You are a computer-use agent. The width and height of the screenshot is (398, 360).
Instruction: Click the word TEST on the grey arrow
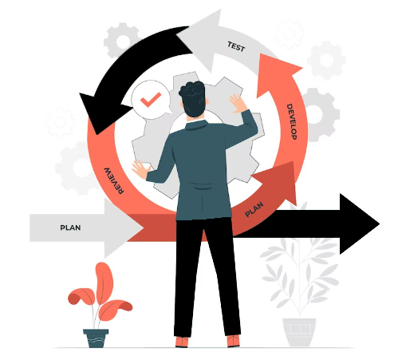pos(236,46)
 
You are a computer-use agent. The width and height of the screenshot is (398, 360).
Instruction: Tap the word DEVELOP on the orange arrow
pos(292,121)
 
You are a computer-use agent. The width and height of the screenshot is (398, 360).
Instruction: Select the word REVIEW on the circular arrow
pos(114,181)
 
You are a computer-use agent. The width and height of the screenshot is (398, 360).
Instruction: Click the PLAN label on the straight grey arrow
pos(70,227)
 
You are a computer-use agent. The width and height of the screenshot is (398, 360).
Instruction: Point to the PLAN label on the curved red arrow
pos(254,209)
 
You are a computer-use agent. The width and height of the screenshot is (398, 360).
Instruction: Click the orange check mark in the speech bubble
pos(151,100)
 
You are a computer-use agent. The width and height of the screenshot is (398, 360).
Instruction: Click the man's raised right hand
pos(238,103)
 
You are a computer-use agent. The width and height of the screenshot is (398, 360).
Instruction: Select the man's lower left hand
pos(140,169)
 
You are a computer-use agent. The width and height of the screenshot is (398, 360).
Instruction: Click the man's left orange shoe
pos(182,342)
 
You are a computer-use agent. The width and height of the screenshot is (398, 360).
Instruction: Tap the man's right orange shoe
pos(233,341)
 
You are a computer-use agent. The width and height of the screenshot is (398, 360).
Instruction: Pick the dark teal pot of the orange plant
pos(96,338)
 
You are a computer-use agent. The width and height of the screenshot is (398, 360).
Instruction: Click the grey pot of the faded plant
pos(299,332)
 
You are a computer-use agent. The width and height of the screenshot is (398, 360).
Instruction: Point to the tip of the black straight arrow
pos(380,224)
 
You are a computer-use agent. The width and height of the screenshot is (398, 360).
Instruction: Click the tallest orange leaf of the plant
pos(104,282)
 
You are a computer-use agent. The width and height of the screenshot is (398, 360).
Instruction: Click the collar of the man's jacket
pos(197,125)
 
